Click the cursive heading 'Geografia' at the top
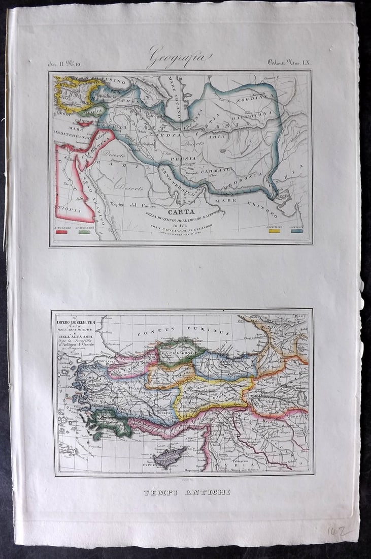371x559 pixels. (x=179, y=58)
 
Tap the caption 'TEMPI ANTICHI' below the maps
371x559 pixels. (x=186, y=492)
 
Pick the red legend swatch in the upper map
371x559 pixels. (x=62, y=232)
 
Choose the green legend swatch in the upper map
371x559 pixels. (x=84, y=232)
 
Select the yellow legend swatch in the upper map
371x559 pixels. (x=275, y=231)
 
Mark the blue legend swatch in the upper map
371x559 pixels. (x=297, y=231)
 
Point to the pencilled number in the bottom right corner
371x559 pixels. (x=337, y=532)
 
